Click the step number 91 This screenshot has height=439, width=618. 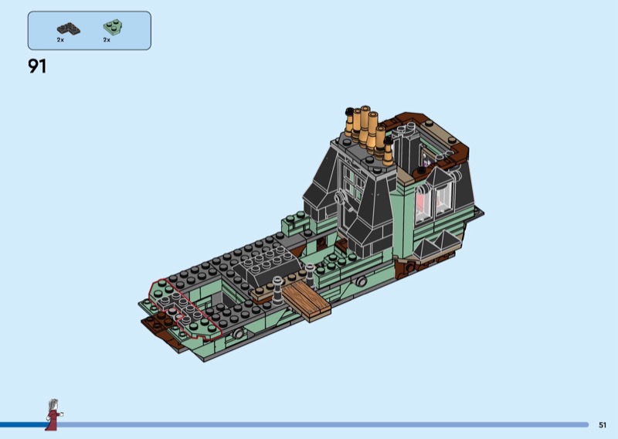[x=37, y=66]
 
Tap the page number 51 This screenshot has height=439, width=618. [x=603, y=425]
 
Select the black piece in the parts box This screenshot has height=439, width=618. [x=69, y=29]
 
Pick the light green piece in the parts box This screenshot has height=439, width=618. [x=113, y=27]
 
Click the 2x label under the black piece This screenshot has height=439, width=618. [x=60, y=40]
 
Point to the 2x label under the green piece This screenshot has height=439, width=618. [x=107, y=40]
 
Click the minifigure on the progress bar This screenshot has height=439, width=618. [x=53, y=414]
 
